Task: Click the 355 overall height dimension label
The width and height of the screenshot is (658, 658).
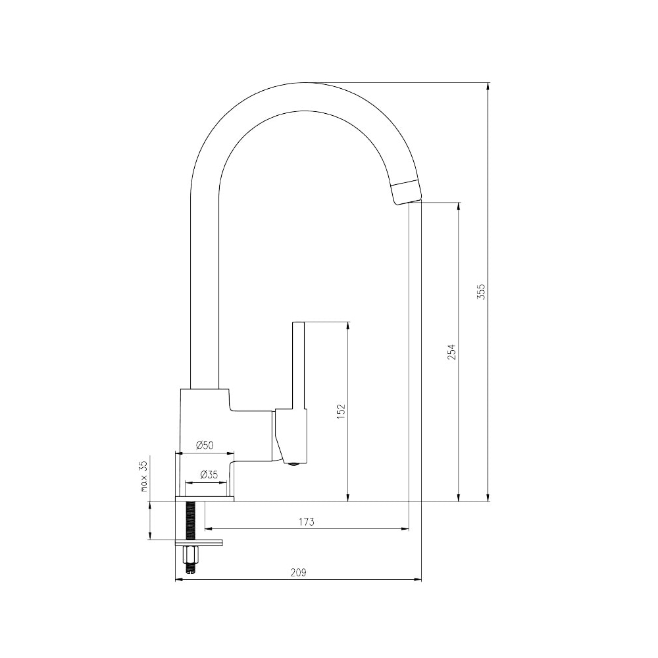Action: pos(481,291)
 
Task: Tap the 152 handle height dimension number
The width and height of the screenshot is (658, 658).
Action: pos(341,412)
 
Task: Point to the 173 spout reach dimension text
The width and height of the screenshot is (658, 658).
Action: pos(307,522)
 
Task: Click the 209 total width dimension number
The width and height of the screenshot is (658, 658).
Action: pos(298,572)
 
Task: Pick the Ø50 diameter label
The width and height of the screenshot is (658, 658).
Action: pos(205,445)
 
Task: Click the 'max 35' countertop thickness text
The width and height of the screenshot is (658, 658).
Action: pos(144,476)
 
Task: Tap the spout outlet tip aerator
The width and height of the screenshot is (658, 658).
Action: pos(406,191)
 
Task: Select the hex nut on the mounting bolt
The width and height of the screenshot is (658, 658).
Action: pos(191,557)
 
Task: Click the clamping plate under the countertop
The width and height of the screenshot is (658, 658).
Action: pos(199,543)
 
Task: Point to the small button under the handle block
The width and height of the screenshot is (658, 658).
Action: pos(293,464)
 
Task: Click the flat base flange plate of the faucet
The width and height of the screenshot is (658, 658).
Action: pos(205,499)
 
